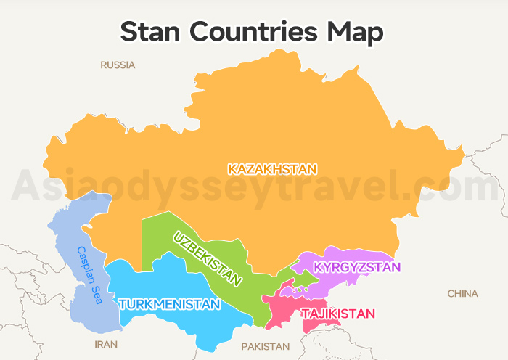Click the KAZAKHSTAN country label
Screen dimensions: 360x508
(272, 169)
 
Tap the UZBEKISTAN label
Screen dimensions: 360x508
(208, 258)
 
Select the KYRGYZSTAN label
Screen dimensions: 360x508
(356, 267)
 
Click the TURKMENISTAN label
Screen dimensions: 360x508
(168, 304)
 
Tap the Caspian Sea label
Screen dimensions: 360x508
(91, 274)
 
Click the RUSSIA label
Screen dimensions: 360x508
(118, 65)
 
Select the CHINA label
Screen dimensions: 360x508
(462, 293)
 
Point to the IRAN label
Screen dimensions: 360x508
(106, 344)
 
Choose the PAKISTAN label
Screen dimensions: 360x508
(265, 346)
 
